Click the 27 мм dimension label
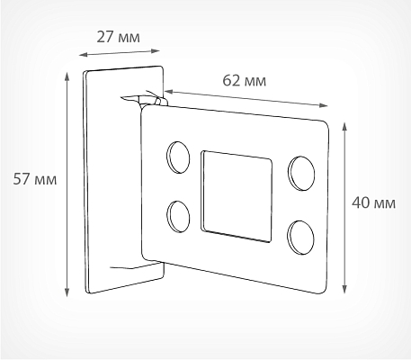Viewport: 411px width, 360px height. (x=118, y=37)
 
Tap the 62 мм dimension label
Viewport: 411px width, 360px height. (x=245, y=81)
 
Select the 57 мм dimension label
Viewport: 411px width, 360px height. (x=35, y=179)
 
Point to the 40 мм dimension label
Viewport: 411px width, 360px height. (x=373, y=202)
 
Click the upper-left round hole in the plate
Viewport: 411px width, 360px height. (x=178, y=157)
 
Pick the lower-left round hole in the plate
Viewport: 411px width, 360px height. (x=178, y=216)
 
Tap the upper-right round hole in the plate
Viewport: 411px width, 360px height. (x=301, y=174)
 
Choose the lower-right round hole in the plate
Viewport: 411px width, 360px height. (x=300, y=238)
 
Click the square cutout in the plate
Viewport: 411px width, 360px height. (x=237, y=196)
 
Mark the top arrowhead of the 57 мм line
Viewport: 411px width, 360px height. (x=67, y=76)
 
